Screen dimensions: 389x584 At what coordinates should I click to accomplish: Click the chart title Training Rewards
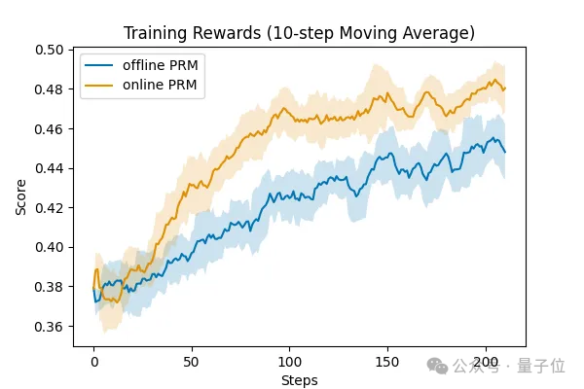299,33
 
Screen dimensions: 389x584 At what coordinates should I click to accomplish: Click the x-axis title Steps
299,379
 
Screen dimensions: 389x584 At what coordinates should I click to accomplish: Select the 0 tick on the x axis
94,360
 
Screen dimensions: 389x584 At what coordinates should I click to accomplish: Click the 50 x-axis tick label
193,360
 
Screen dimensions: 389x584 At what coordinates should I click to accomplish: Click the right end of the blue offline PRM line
505,152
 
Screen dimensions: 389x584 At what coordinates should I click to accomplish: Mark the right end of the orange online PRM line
505,88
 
